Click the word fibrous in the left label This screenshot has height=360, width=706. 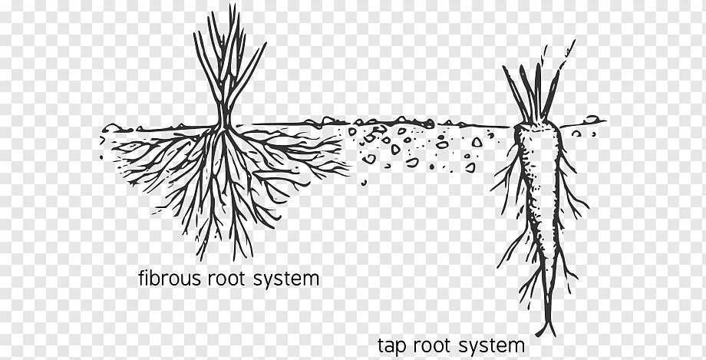170,278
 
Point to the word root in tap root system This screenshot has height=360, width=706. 437,344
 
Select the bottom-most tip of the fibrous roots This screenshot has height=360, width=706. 230,259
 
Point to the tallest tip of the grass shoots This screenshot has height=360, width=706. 220,9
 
